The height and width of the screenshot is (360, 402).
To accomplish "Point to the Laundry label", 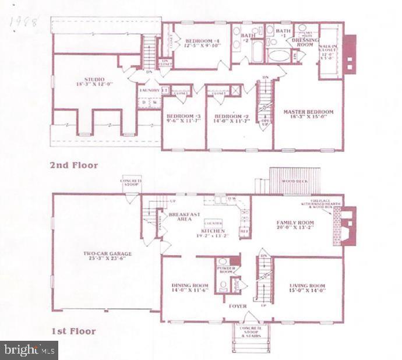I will pyautogui.click(x=149, y=90).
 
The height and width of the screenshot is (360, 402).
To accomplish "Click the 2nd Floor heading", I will pyautogui.click(x=73, y=165).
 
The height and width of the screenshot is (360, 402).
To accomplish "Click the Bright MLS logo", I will pyautogui.click(x=29, y=350).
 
